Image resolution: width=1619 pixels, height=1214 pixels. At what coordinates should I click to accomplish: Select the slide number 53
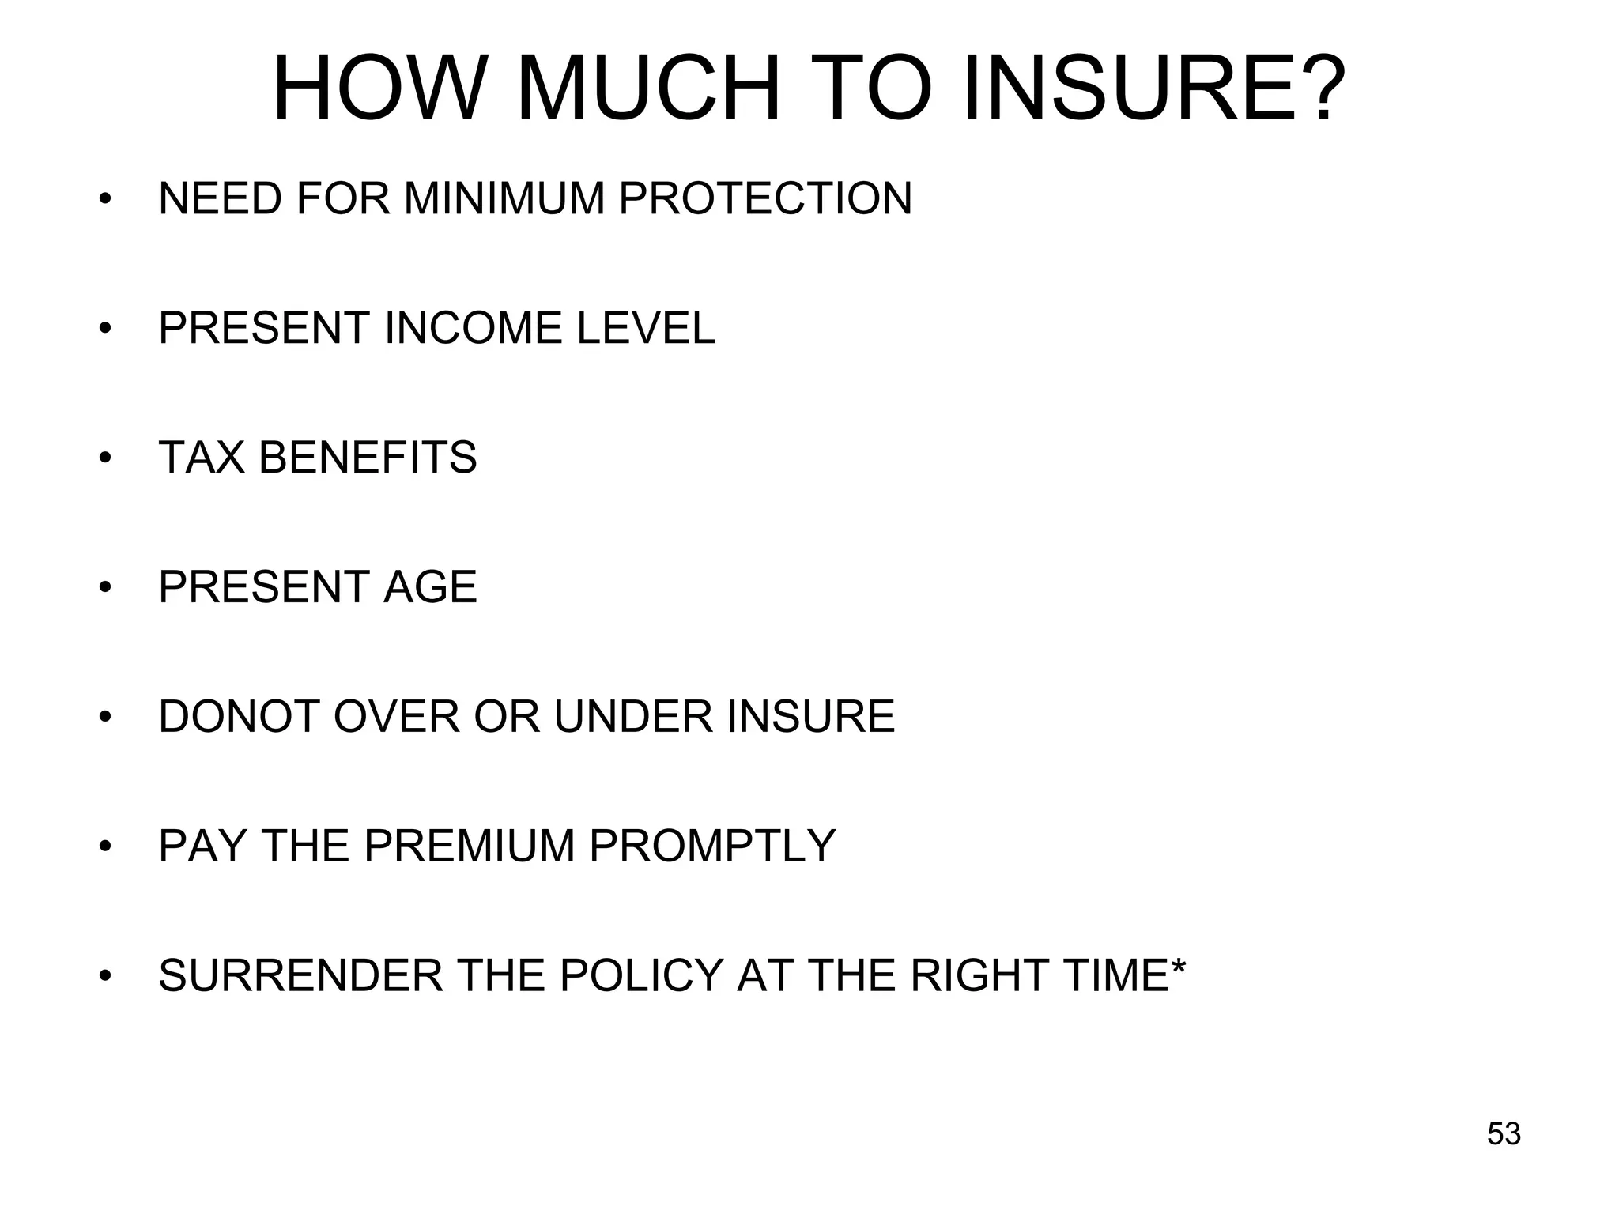(1504, 1133)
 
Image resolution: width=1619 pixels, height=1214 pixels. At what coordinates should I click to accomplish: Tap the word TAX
(202, 457)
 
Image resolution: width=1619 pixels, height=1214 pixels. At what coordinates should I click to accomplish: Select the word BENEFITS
(368, 457)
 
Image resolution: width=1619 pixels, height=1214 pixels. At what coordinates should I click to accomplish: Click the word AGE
(430, 586)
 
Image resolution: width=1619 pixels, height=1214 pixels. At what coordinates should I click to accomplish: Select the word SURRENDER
(300, 975)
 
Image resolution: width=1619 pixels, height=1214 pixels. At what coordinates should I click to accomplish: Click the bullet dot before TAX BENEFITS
(105, 458)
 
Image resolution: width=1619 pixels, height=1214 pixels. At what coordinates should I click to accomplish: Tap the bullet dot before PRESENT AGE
(105, 587)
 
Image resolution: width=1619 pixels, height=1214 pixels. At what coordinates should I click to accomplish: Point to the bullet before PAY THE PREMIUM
(105, 846)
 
